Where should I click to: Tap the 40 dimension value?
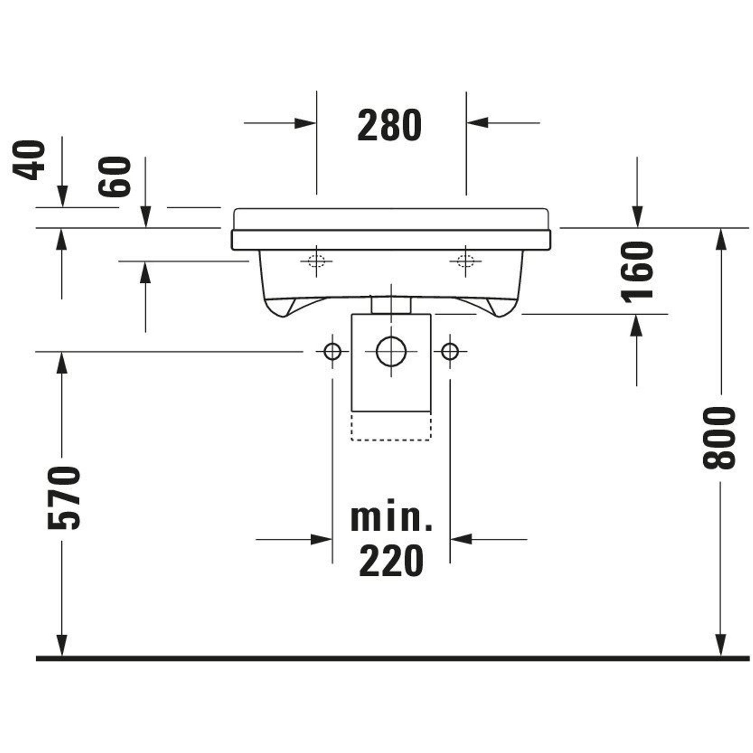pyautogui.click(x=29, y=160)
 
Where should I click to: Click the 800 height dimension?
pyautogui.click(x=719, y=438)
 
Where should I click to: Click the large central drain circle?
pyautogui.click(x=391, y=352)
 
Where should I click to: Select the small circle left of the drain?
pyautogui.click(x=332, y=352)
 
